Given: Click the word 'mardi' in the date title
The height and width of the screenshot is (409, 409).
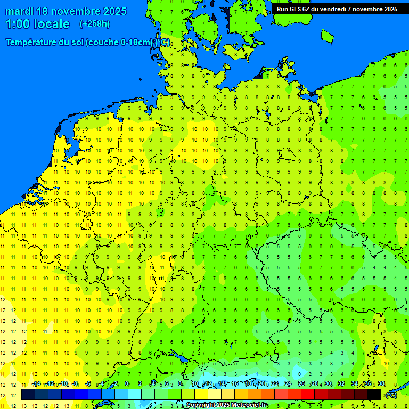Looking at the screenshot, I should pos(21,11).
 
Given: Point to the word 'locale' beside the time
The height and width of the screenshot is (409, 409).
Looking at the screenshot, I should pos(52,24).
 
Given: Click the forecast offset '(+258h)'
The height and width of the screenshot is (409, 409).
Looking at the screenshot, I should pos(94,24).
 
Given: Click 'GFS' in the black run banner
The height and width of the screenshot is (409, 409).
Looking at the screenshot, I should pos(298,9).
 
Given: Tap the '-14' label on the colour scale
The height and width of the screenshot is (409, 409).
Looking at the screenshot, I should pos(36,384).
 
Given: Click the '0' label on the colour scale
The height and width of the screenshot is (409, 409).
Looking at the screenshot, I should pos(127,384).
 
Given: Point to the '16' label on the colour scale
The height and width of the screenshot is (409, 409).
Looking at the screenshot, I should pos(235,384).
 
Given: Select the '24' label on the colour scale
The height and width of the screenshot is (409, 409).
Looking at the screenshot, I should pos(288,384).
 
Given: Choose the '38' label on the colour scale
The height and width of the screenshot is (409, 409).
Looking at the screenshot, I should pos(381,384).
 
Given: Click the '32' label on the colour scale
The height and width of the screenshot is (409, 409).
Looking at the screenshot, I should pos(341,384).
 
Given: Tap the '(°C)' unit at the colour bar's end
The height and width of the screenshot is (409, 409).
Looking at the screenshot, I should pos(391,395).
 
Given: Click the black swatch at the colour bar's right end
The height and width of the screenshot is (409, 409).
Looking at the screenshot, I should pos(374,395).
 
